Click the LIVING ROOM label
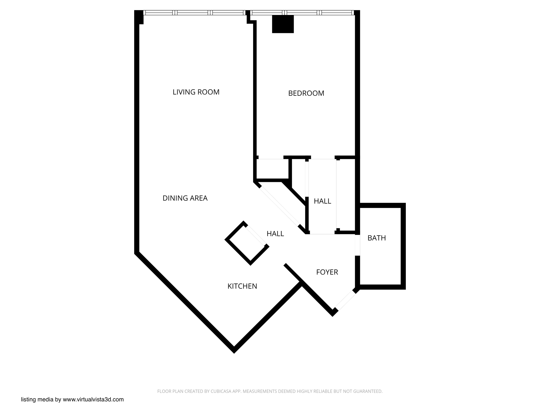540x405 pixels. [196, 92]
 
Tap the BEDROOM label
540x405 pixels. [306, 93]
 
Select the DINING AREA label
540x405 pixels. [185, 198]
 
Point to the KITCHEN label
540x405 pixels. [242, 286]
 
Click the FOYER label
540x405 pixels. [327, 272]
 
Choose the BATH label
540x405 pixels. [377, 238]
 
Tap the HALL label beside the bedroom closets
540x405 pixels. [322, 201]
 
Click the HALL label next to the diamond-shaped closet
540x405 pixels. [275, 234]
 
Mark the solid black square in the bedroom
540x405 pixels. [283, 24]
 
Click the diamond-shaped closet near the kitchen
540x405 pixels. [247, 243]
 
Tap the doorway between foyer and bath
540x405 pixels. [357, 245]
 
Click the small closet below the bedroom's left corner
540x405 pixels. [272, 169]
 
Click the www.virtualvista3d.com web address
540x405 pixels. [93, 399]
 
